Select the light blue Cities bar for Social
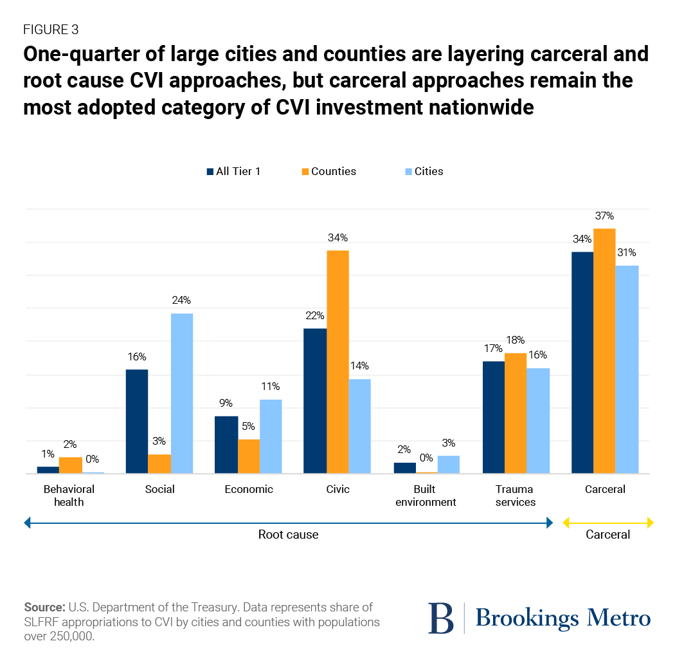[x=182, y=393]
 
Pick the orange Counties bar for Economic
[x=249, y=456]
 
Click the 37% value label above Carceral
[x=605, y=216]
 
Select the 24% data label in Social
[x=182, y=301]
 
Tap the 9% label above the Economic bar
[x=225, y=404]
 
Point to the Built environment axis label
[x=426, y=496]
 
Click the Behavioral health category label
[x=69, y=496]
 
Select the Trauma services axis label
[x=516, y=496]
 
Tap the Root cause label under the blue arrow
[x=288, y=535]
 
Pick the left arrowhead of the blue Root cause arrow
[x=28, y=523]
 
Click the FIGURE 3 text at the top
[x=51, y=30]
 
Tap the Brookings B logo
[x=441, y=618]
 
